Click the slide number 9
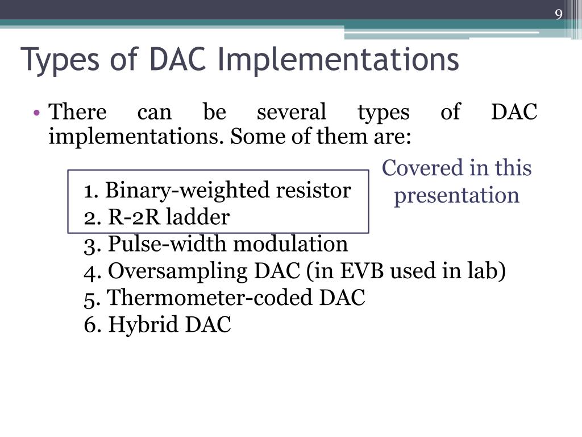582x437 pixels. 559,15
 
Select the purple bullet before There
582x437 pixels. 36,113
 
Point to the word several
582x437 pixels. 292,112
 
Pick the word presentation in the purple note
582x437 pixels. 456,195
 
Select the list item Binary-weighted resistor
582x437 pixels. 217,190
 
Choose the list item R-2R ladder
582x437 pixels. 157,217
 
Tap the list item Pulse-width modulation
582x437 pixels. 216,244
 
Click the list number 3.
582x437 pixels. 90,245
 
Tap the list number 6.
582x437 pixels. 90,325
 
